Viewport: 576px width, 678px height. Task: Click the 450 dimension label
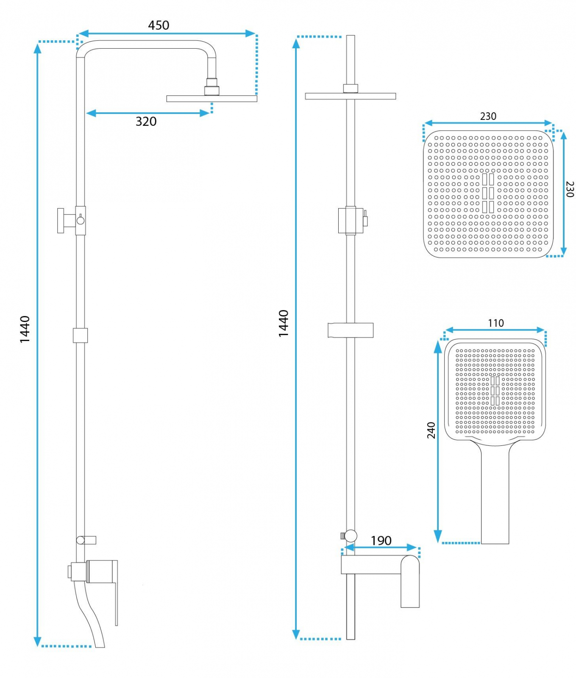[159, 25]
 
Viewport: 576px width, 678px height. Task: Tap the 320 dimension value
[146, 122]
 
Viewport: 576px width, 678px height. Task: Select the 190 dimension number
[381, 541]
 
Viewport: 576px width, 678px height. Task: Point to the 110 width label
[496, 323]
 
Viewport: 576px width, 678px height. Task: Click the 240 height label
[431, 430]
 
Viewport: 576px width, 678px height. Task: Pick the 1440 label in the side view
[25, 329]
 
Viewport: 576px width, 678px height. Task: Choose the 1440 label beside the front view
[284, 323]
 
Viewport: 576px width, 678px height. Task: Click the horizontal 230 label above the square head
[488, 116]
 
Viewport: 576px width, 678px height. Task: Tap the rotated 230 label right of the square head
[570, 189]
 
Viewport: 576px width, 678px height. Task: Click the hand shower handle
[495, 494]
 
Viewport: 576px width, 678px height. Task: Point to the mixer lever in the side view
[116, 593]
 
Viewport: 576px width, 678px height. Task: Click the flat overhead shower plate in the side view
[212, 99]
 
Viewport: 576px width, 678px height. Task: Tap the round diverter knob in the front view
[351, 536]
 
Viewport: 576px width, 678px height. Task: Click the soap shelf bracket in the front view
[351, 331]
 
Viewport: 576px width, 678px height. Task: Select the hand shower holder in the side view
[71, 220]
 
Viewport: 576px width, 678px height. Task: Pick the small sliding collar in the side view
[80, 335]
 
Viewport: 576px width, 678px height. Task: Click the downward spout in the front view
[410, 581]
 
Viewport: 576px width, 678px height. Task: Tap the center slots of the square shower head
[488, 193]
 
